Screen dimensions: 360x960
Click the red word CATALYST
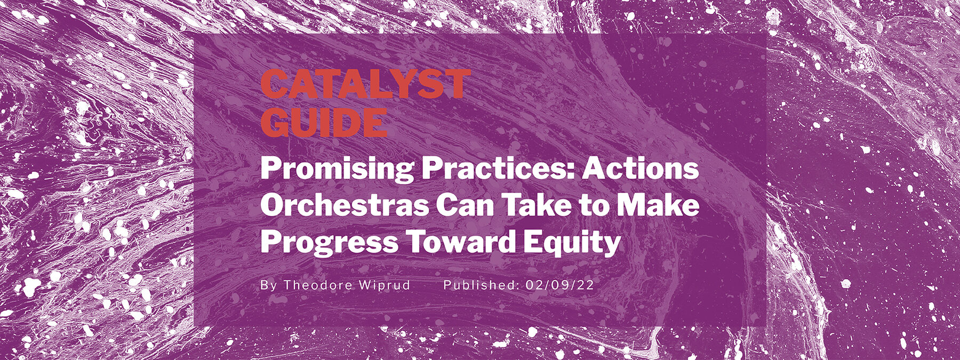click(365, 84)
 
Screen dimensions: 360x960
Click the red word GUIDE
click(324, 123)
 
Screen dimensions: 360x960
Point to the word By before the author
click(269, 285)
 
